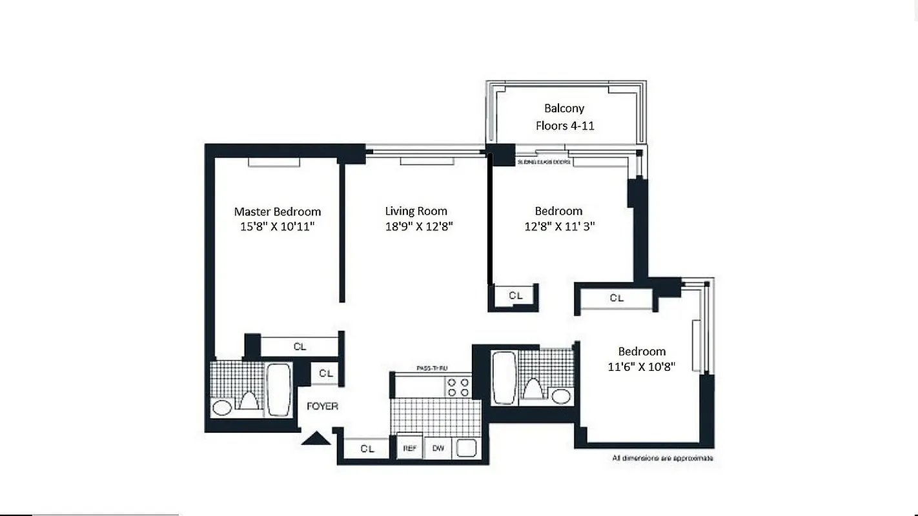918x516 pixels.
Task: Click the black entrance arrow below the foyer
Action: click(x=316, y=439)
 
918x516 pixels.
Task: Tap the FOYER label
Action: click(x=321, y=406)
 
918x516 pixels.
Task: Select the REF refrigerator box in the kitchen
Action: click(x=409, y=448)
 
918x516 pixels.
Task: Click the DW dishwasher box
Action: click(x=438, y=448)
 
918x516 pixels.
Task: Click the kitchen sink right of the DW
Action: click(x=466, y=448)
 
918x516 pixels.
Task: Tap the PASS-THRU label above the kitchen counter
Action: click(x=432, y=368)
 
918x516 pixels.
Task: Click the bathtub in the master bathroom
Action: click(x=279, y=389)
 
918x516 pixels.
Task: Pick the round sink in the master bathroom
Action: click(x=222, y=408)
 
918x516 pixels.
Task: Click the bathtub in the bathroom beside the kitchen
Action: click(x=502, y=377)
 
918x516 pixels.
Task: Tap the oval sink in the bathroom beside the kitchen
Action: click(x=561, y=396)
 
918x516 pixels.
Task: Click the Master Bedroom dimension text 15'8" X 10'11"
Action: click(x=277, y=226)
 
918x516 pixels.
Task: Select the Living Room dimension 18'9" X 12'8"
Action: click(x=416, y=226)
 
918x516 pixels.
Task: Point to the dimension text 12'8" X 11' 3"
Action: click(x=558, y=226)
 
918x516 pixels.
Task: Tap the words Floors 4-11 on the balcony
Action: click(x=565, y=126)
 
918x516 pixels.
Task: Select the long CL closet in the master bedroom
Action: click(x=300, y=346)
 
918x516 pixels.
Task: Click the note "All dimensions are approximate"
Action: click(x=662, y=458)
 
